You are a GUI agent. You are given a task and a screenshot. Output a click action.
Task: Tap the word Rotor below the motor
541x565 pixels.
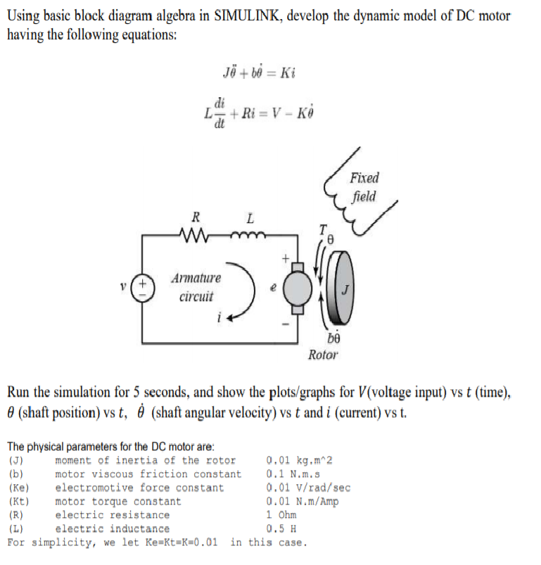[323, 355]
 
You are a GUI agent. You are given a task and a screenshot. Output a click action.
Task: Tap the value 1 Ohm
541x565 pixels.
[281, 515]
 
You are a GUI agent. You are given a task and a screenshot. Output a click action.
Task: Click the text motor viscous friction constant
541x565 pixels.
[148, 474]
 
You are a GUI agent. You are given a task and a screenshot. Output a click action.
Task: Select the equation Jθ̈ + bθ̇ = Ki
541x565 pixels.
[257, 72]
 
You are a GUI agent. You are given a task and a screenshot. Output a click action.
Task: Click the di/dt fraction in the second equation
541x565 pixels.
[219, 110]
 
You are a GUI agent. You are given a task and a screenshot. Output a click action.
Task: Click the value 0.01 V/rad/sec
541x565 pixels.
[308, 488]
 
